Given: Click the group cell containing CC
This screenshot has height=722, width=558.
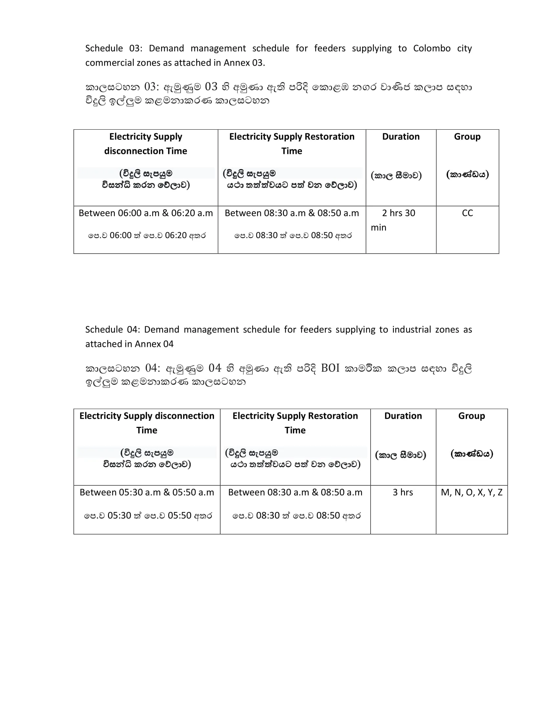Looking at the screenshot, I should tap(467, 213).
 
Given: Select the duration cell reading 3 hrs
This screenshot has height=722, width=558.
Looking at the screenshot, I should tap(403, 492).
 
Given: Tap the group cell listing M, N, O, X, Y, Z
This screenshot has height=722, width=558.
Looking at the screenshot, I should tap(471, 492).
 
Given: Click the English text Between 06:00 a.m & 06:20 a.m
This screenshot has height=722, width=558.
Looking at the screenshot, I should tap(145, 213).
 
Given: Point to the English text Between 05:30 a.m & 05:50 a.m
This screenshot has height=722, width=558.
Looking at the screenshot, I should tap(147, 492).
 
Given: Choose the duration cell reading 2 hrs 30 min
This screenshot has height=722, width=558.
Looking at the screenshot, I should tap(398, 220).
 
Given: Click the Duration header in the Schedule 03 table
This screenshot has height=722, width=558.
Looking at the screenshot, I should tap(401, 137).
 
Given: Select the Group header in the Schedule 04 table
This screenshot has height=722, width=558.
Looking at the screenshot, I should tap(471, 415).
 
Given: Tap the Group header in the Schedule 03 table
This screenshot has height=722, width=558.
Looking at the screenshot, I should tap(467, 137).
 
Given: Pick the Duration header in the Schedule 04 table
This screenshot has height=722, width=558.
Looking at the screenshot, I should tap(403, 415).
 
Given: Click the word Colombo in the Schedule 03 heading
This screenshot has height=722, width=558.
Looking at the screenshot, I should tap(431, 48).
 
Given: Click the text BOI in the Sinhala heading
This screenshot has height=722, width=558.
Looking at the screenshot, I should tap(330, 368).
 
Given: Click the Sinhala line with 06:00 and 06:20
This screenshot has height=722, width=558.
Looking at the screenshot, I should tap(147, 235).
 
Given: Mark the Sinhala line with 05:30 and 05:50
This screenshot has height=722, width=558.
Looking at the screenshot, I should tap(148, 515).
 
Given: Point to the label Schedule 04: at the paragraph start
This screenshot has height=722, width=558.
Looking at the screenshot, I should tap(113, 329).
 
